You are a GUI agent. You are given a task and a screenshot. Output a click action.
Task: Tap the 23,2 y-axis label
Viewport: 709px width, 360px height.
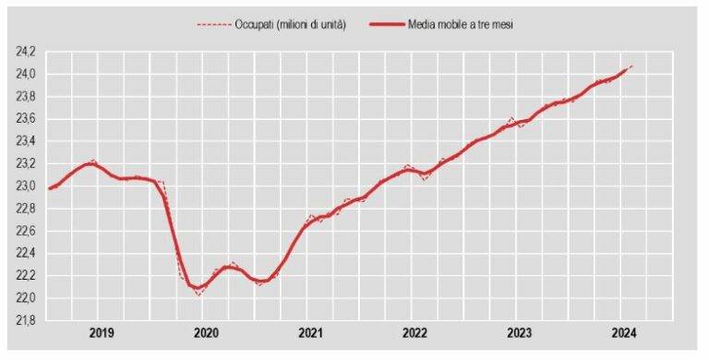tap(25, 163)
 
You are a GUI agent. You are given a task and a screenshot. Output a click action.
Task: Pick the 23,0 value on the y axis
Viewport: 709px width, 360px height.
tap(25, 186)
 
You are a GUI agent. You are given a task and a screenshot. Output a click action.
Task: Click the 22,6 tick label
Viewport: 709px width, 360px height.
tap(25, 231)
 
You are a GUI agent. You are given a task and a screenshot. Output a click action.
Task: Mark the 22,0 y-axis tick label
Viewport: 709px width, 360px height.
tap(25, 298)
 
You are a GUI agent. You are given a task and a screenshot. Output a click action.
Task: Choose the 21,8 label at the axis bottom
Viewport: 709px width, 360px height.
tap(25, 320)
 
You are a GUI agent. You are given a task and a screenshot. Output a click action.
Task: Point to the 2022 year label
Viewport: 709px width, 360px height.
tap(415, 332)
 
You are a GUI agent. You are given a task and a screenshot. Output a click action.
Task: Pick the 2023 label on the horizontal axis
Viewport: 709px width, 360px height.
tap(519, 332)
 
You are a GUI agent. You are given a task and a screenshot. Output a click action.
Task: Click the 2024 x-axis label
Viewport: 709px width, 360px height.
tap(623, 332)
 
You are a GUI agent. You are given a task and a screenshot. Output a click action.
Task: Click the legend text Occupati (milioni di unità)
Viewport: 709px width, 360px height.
tap(291, 25)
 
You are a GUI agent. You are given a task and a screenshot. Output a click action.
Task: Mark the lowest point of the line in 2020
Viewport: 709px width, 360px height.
tap(198, 294)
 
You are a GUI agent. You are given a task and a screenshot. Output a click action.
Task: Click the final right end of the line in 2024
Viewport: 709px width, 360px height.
tap(631, 66)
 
